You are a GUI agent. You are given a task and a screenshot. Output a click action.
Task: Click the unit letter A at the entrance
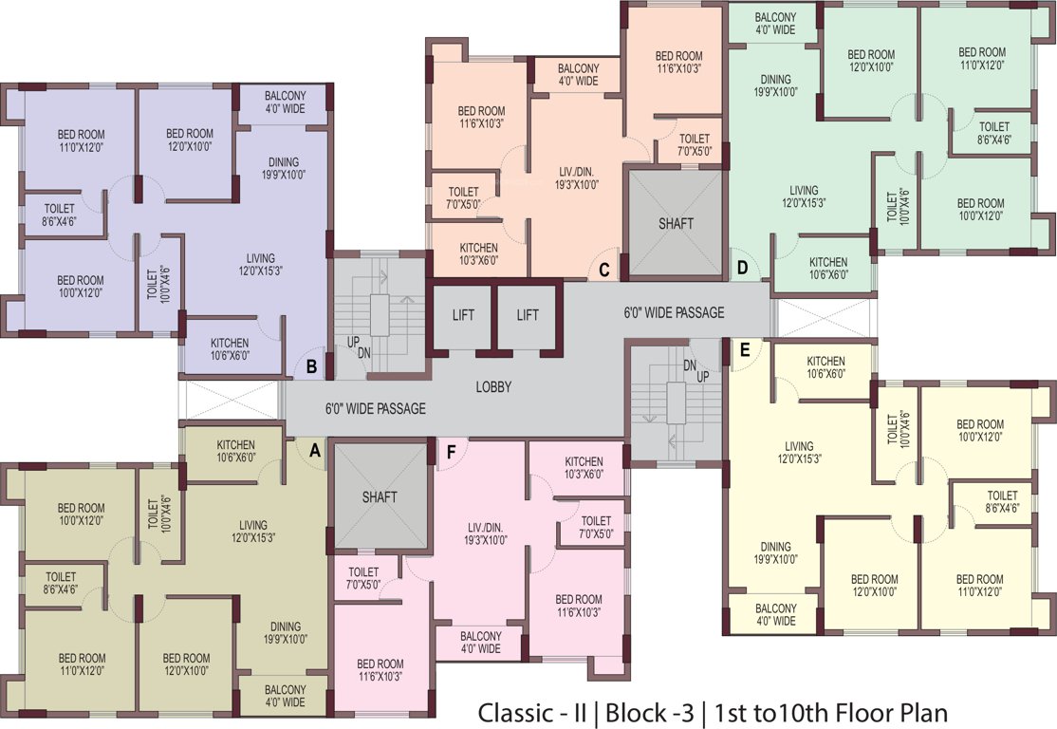point(314,451)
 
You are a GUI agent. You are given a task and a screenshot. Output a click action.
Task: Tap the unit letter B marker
point(310,364)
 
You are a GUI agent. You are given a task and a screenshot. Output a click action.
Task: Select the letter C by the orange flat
point(603,269)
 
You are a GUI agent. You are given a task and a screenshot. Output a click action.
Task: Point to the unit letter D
point(742,269)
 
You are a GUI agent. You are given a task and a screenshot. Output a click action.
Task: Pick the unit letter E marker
point(745,350)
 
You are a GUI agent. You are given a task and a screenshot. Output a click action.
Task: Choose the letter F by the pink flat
point(452,452)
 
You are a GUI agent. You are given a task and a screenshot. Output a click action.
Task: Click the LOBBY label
point(493,387)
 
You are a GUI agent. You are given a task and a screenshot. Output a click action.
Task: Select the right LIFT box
point(528,315)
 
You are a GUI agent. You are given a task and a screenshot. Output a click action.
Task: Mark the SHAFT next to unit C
point(676,224)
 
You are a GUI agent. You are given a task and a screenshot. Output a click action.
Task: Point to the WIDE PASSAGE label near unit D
point(674,312)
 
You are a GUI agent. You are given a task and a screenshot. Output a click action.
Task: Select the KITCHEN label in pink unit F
point(584,467)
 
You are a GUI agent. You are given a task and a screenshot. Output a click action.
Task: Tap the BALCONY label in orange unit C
point(578,75)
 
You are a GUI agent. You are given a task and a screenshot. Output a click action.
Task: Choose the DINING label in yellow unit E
point(775,552)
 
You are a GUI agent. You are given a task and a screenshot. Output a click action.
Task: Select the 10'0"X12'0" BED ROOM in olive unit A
point(81,514)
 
